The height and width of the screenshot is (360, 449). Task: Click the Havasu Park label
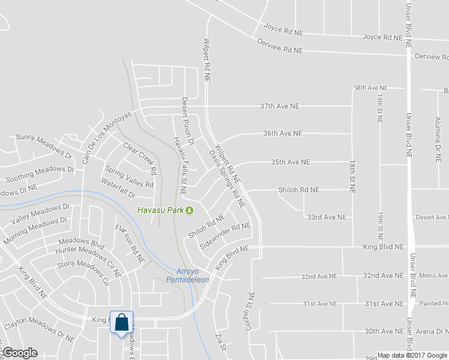160,210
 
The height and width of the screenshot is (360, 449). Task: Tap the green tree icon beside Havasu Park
190,210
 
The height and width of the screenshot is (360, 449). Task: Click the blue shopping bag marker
122,323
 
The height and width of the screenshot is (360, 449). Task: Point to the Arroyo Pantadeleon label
191,275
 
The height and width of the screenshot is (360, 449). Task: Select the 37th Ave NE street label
279,106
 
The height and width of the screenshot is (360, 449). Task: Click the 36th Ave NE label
282,133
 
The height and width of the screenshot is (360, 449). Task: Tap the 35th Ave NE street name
290,162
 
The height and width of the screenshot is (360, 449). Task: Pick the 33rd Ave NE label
327,217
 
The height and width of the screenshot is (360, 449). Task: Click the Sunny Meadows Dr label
44,147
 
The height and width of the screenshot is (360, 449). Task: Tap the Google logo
20,353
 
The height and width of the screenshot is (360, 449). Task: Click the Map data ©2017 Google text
412,355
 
